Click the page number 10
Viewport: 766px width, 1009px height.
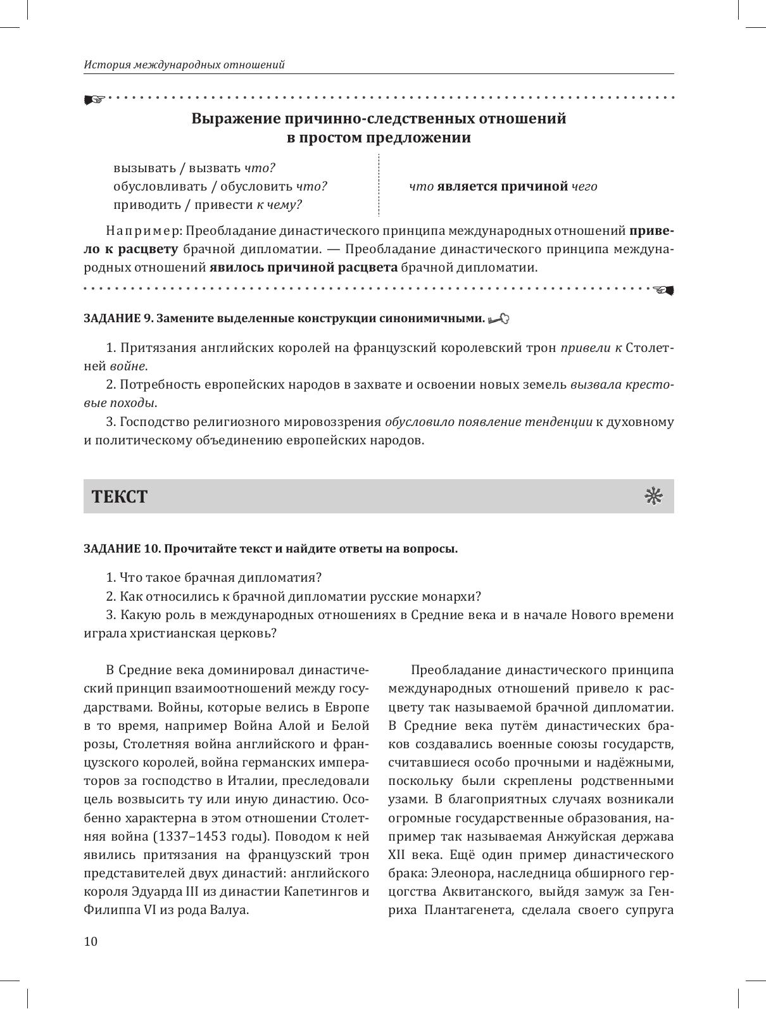pyautogui.click(x=91, y=941)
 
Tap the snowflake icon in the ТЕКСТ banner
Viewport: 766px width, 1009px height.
pyautogui.click(x=653, y=496)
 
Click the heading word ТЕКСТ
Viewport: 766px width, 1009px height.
pyautogui.click(x=120, y=497)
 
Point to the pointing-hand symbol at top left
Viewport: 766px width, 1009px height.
pyautogui.click(x=93, y=99)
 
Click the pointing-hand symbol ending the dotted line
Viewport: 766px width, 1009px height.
pyautogui.click(x=665, y=290)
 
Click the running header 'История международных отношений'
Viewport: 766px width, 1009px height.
pyautogui.click(x=184, y=65)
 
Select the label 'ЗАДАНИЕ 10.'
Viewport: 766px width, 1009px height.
pyautogui.click(x=122, y=549)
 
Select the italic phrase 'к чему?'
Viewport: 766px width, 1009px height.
pyautogui.click(x=279, y=204)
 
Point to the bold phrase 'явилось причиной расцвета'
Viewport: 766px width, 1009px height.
pyautogui.click(x=303, y=267)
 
